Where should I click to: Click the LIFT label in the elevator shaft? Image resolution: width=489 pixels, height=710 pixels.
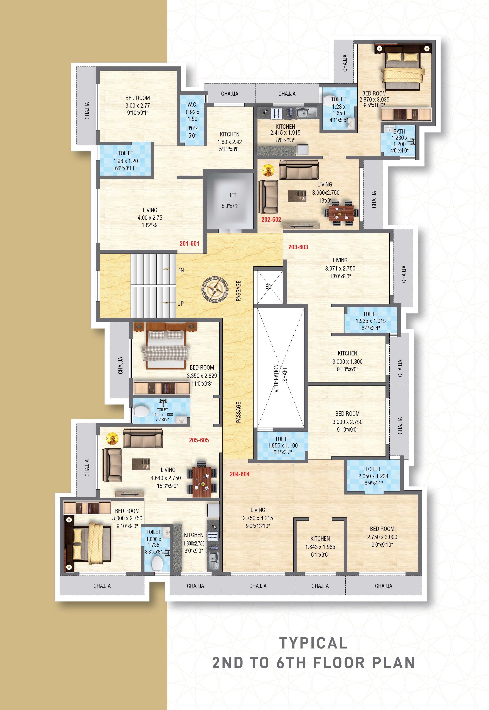232,195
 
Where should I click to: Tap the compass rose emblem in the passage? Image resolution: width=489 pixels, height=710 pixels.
215,290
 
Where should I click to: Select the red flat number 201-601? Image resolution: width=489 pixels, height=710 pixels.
189,244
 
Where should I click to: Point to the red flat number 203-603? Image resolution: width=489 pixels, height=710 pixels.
298,247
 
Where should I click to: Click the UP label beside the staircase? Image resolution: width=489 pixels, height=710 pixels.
180,304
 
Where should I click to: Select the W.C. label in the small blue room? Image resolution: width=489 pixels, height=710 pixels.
192,104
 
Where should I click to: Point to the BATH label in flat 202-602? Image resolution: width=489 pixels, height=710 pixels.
399,131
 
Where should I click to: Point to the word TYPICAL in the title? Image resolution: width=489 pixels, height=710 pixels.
313,643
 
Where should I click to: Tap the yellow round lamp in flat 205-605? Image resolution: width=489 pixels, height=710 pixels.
112,439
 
